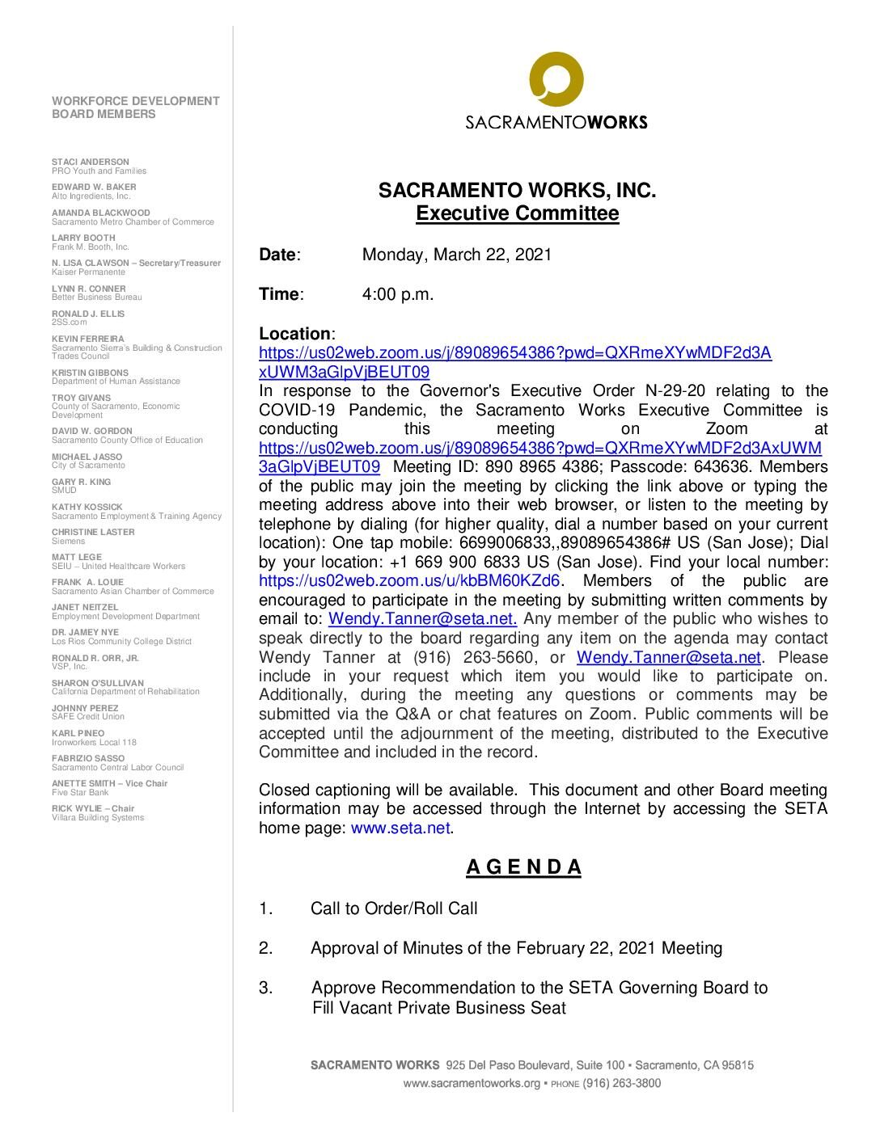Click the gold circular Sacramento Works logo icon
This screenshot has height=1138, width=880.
click(556, 80)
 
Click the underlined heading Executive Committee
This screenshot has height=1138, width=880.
click(517, 214)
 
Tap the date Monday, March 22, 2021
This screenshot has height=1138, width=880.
click(456, 255)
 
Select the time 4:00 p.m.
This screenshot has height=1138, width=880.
click(398, 294)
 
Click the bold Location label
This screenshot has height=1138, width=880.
click(295, 334)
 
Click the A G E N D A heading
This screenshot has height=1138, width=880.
click(523, 867)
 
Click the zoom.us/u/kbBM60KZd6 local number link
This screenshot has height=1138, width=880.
click(409, 580)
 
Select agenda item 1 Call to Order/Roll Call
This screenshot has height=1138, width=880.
click(394, 908)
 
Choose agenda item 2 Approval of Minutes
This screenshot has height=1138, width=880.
click(516, 948)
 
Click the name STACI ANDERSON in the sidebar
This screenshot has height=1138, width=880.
click(91, 162)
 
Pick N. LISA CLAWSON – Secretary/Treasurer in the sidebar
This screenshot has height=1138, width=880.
click(136, 263)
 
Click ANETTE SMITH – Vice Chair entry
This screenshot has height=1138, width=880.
click(109, 783)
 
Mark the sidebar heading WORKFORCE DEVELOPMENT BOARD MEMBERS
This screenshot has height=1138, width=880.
click(135, 107)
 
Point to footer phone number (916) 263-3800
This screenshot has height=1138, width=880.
click(621, 1083)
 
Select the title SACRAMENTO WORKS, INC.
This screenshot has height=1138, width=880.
click(517, 192)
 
